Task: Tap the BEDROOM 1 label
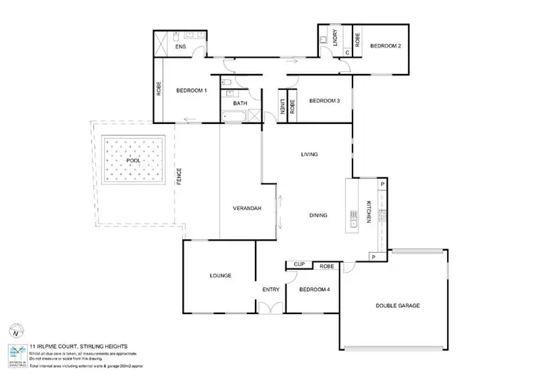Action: click(192, 90)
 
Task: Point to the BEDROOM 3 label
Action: click(324, 101)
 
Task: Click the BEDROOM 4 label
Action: click(314, 290)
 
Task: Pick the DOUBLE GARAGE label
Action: click(398, 305)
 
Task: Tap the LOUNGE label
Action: click(221, 276)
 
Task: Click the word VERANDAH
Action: click(248, 209)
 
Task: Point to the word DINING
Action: click(319, 215)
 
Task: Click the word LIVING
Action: click(309, 155)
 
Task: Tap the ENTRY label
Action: click(271, 290)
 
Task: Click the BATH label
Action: click(240, 103)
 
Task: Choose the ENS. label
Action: click(182, 47)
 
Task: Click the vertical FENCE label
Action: click(179, 177)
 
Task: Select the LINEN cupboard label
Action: click(283, 107)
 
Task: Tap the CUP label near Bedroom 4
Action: click(299, 265)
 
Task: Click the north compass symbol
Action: click(15, 331)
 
